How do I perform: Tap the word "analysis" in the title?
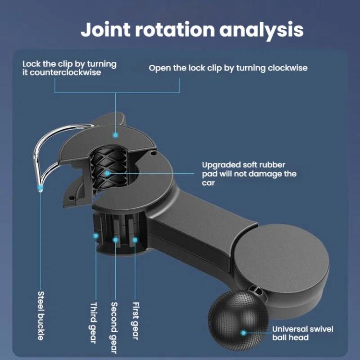262,29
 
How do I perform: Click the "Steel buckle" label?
41,316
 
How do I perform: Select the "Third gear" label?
94,323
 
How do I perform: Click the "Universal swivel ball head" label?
302,333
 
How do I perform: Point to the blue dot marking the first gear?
135,239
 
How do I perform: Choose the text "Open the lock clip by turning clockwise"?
228,68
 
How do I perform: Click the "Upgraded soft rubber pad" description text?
249,174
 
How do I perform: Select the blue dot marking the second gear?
115,239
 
